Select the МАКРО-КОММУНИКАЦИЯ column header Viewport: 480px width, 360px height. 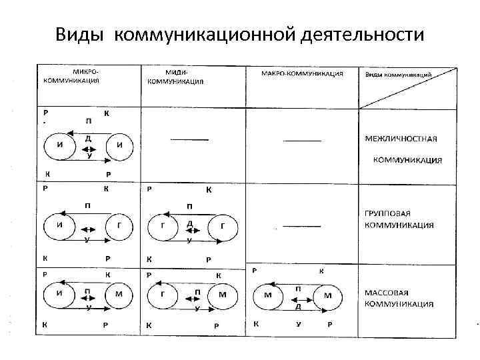click(x=301, y=74)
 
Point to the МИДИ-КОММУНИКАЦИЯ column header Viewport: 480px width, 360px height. click(x=176, y=77)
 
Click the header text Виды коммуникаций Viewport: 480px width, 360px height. click(x=398, y=75)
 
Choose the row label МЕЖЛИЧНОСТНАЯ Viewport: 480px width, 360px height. click(x=401, y=139)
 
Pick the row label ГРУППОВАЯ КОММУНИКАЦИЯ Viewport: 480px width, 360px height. click(x=399, y=219)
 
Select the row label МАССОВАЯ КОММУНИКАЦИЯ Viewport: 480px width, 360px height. click(x=399, y=298)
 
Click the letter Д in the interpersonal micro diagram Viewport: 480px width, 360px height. click(x=88, y=139)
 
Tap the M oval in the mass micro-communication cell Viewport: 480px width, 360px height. click(x=118, y=294)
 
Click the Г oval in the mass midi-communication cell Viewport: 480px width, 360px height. click(x=163, y=294)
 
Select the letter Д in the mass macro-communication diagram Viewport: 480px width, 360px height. click(x=298, y=307)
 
